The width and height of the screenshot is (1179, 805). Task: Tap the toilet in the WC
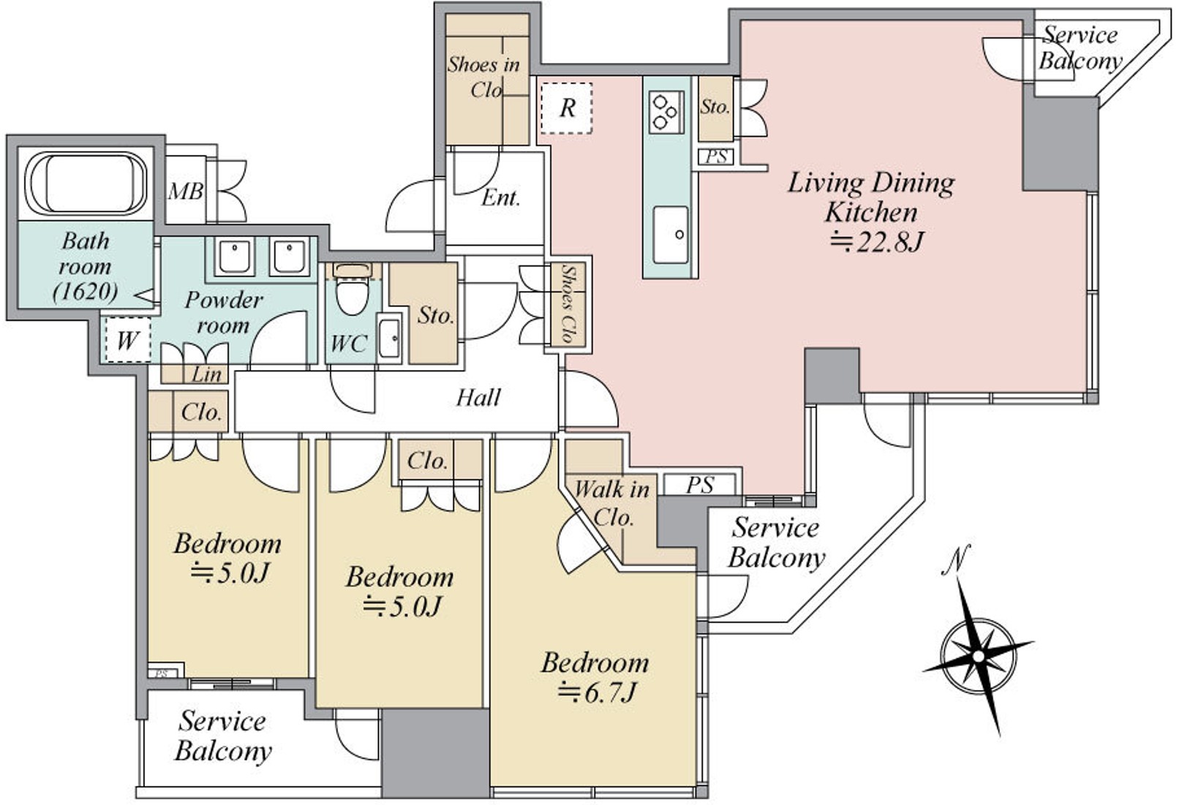point(353,292)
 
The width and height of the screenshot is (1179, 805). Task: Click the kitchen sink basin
point(670,234)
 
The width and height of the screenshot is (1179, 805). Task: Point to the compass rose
point(978,655)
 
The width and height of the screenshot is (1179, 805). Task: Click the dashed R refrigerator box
point(566,108)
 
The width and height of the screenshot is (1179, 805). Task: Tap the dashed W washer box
point(127,340)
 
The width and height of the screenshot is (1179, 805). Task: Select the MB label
point(186,192)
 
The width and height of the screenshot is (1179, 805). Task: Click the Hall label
point(478,398)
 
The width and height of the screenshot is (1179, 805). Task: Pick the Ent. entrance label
point(501,197)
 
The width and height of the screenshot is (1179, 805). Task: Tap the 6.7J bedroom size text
point(597,692)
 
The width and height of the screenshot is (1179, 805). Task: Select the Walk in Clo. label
point(612,502)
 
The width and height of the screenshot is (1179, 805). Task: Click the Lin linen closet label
point(206,374)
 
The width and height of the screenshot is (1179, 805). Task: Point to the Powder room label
point(223,311)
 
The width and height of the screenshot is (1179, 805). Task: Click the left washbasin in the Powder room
point(235,257)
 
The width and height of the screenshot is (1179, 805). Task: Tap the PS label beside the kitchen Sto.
point(716,156)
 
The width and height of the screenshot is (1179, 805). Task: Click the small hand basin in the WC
point(390,338)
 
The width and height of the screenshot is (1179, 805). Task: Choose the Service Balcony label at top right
point(1080,48)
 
